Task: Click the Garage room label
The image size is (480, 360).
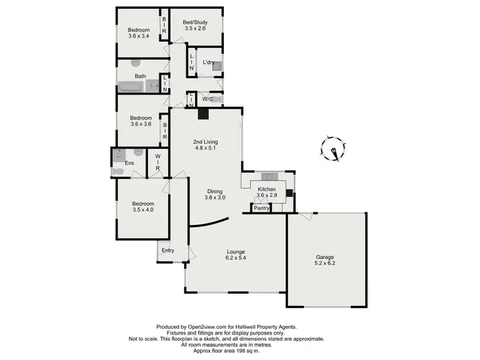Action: point(324,259)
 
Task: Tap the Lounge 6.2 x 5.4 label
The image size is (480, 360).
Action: point(236,255)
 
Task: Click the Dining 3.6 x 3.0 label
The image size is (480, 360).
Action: point(215,194)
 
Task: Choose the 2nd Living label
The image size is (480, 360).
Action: point(206,145)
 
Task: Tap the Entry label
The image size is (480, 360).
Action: point(168,250)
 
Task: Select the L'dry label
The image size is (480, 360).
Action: point(208,63)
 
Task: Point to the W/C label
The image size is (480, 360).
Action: point(207,99)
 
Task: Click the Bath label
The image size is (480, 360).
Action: point(140,75)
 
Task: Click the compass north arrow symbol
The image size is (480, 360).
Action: point(332,148)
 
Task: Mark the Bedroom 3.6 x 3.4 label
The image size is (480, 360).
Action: point(138,33)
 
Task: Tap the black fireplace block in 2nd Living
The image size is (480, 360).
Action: point(203,114)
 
